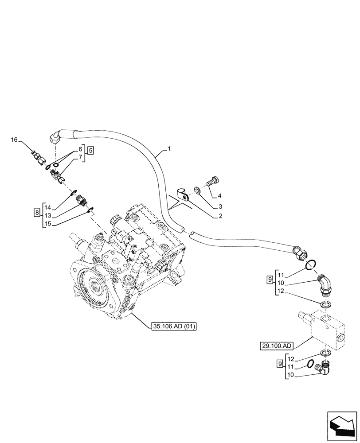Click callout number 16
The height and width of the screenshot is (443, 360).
coord(14,140)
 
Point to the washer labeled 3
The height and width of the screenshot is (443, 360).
coord(196,190)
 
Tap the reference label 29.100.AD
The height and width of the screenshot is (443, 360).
coord(275,345)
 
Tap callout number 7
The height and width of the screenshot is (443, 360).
coord(80,157)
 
